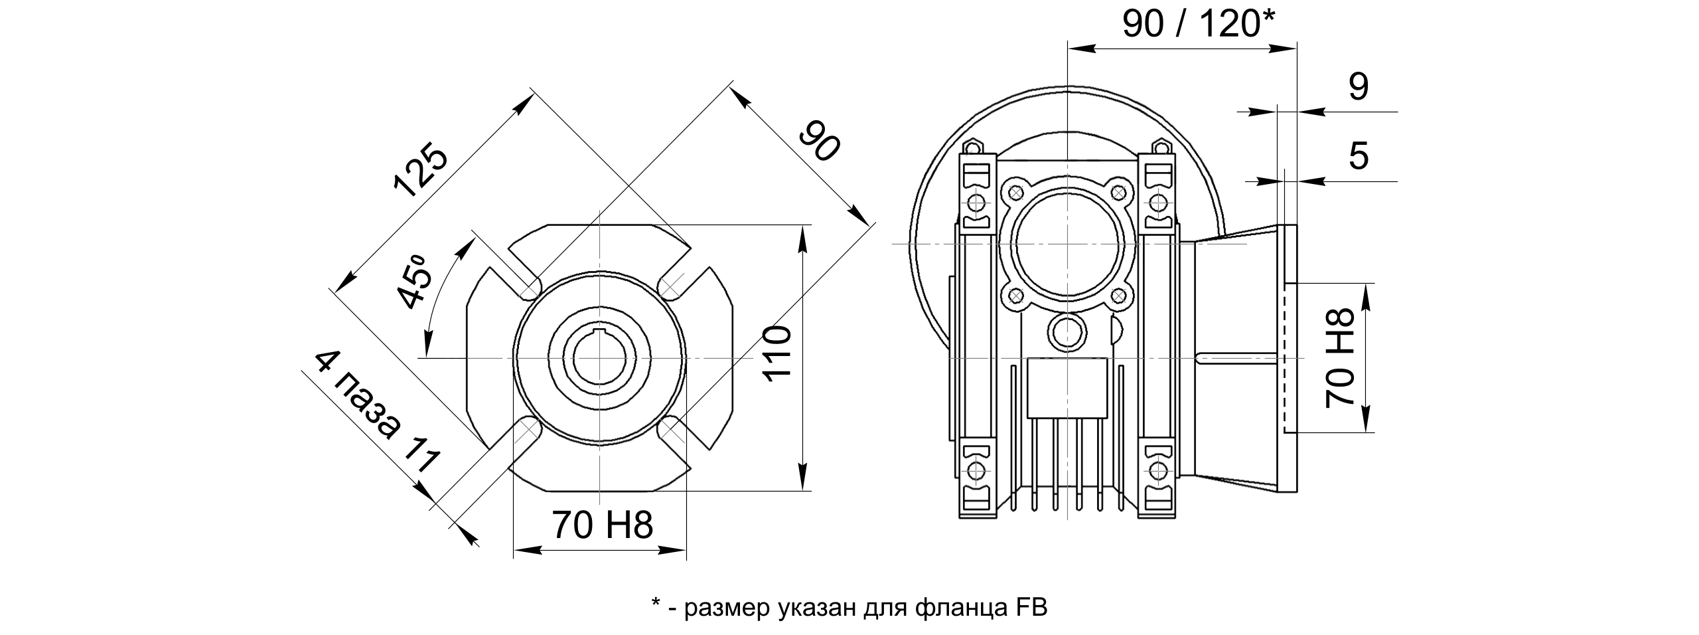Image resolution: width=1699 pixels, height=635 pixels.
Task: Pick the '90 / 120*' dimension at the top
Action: coord(1199,25)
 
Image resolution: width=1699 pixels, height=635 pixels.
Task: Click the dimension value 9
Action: coord(1359,87)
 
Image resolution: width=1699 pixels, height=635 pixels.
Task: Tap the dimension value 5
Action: coord(1359,157)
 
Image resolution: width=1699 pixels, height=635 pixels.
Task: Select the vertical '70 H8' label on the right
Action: coord(1339,357)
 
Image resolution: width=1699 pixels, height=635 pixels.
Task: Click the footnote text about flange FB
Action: coord(849,607)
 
